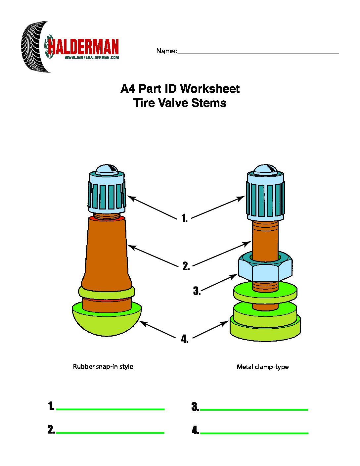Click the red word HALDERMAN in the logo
[x=83, y=47]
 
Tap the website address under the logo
[x=92, y=58]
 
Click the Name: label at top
[x=166, y=51]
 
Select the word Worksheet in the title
[x=210, y=89]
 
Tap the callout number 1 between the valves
[x=184, y=218]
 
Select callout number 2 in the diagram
[x=186, y=266]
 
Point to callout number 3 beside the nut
[x=197, y=291]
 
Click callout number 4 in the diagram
[x=185, y=339]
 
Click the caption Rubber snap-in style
[x=103, y=367]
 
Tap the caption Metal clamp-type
[x=262, y=367]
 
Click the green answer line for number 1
[x=111, y=409]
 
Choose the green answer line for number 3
[x=254, y=410]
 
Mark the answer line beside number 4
[x=254, y=433]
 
